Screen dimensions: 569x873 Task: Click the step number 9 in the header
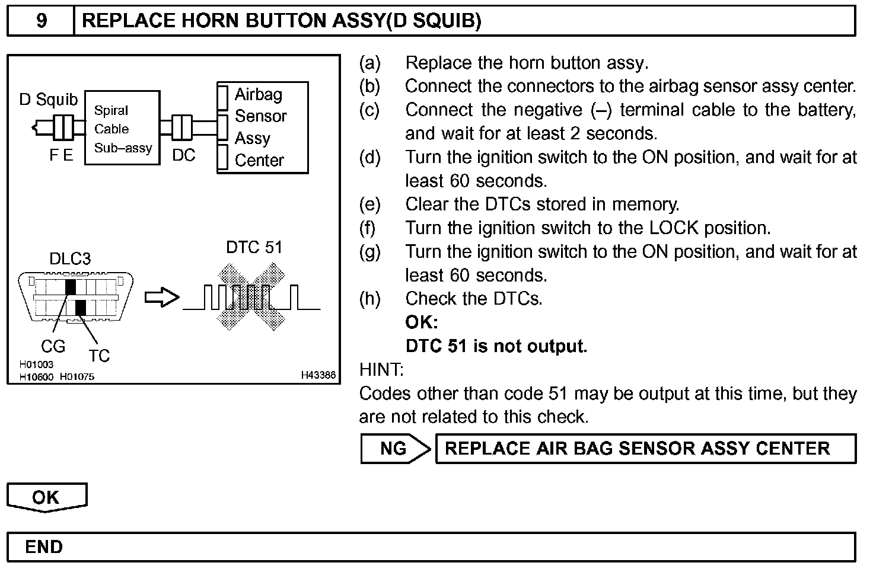[x=42, y=21]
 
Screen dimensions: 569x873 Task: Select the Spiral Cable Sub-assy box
[x=122, y=128]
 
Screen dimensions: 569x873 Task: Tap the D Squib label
[x=48, y=100]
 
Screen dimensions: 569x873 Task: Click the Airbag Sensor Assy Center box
[x=263, y=127]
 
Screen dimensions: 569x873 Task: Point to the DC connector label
[x=183, y=155]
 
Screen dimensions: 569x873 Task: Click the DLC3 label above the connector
[x=70, y=258]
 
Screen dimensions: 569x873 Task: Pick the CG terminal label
[x=53, y=346]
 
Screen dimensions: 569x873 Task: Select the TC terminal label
[x=99, y=356]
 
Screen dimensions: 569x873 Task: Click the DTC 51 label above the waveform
[x=254, y=247]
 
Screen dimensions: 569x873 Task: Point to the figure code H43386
[x=318, y=375]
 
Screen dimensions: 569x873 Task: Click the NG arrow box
[x=394, y=449]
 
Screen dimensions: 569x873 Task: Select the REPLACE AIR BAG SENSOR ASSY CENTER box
[x=645, y=449]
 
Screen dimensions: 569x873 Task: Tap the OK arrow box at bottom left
[x=46, y=497]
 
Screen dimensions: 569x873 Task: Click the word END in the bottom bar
[x=44, y=546]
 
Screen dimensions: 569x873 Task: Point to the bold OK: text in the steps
[x=422, y=322]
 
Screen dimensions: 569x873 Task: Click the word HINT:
[x=381, y=370]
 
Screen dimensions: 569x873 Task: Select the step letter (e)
[x=369, y=204]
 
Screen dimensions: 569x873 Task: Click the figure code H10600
[x=37, y=376]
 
